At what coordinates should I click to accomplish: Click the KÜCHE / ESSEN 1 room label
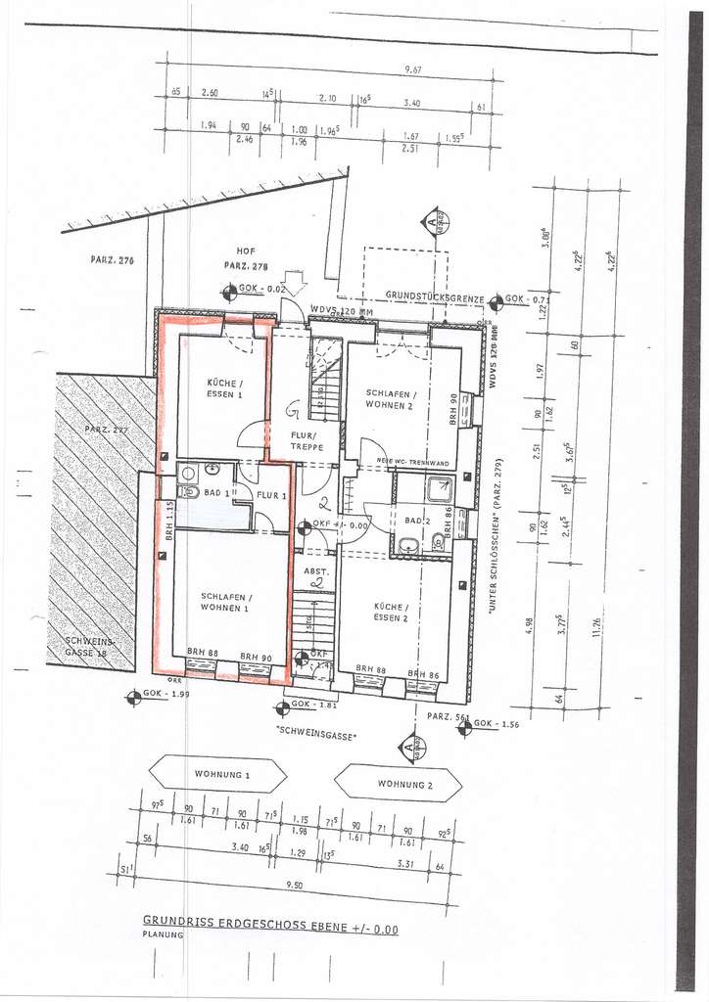coord(224,387)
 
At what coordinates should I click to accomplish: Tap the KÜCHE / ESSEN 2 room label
coord(390,613)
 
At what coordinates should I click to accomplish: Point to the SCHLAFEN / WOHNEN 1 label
coord(226,602)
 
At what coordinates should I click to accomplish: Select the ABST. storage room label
coord(314,570)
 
